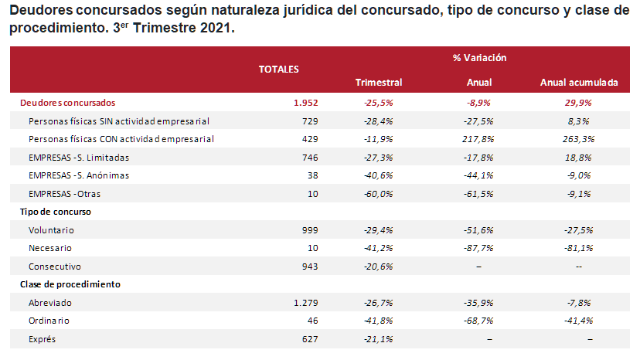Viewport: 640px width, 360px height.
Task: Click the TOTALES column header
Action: pos(278,69)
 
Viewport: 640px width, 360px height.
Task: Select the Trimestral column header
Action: pos(378,82)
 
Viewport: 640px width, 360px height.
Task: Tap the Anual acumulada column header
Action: pos(578,82)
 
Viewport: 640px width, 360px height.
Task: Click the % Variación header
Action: pos(479,58)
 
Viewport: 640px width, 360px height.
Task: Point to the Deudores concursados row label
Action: pos(67,102)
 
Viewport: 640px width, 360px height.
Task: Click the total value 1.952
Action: pos(305,102)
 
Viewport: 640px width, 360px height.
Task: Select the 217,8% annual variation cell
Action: pos(479,139)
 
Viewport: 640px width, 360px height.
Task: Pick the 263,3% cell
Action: pos(578,139)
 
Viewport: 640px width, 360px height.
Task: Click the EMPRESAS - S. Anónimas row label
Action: pos(78,175)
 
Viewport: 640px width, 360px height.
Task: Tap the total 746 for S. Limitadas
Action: pos(309,158)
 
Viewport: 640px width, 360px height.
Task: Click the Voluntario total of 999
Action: pos(309,230)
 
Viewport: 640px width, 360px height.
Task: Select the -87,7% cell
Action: pos(479,248)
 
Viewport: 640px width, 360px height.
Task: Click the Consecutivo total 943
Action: pos(309,267)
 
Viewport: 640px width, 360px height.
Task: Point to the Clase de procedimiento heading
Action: pos(70,284)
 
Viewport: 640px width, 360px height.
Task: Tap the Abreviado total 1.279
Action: pos(305,303)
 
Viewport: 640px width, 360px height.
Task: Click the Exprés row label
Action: pos(42,339)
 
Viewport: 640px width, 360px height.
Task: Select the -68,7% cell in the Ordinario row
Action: pos(479,321)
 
